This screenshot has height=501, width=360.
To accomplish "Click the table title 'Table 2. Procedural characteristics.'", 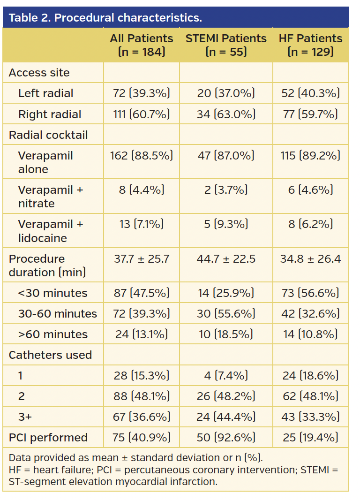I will [105, 18].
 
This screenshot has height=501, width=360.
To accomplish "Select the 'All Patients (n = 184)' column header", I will [142, 45].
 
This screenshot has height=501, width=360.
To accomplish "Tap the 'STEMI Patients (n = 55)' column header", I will [226, 45].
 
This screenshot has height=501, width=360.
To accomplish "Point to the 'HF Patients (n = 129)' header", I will [310, 45].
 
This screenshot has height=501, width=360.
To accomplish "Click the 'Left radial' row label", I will [46, 93].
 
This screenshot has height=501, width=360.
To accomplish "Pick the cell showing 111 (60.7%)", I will [142, 114].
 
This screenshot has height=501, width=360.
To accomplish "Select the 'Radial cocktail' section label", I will [48, 135].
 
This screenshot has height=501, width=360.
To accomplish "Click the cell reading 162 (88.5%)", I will [142, 155].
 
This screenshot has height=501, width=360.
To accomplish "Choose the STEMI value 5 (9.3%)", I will [226, 224].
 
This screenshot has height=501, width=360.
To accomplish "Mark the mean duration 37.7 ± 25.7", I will [142, 258].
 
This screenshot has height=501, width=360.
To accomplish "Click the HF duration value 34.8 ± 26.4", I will [310, 258].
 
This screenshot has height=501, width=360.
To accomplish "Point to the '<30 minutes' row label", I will [52, 293].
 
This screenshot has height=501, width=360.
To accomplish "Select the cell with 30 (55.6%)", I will [226, 314].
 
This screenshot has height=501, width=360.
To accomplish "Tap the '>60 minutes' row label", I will [52, 334].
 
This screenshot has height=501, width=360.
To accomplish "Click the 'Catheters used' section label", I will [50, 355].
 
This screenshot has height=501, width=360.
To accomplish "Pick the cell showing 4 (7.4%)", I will [226, 376].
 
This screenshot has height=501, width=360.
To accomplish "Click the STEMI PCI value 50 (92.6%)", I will [226, 438].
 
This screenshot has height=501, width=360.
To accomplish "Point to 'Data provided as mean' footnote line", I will [135, 458].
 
